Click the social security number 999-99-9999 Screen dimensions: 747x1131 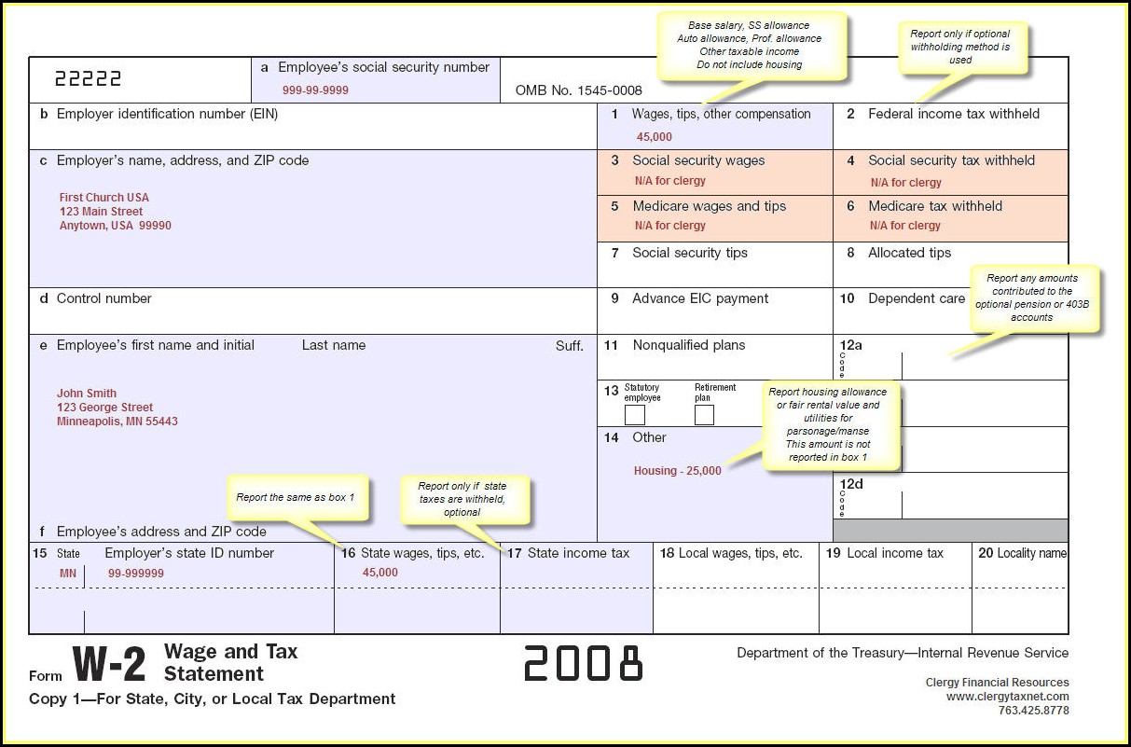315,90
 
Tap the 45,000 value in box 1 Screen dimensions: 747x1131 654,137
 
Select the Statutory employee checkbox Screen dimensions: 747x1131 635,415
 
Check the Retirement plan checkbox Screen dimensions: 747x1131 704,415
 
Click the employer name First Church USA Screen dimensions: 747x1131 103,198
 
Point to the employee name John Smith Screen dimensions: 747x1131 87,394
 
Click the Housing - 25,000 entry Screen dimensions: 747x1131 677,471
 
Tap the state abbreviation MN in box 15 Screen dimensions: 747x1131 68,574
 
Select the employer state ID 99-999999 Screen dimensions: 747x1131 135,574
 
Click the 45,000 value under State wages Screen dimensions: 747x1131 379,573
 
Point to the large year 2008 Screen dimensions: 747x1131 584,663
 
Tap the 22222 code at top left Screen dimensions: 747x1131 88,79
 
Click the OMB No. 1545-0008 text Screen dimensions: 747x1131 578,90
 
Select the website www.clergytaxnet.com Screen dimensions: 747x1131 1007,697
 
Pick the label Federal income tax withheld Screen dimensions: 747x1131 953,114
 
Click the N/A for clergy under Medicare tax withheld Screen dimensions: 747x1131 904,226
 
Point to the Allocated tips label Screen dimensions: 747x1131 909,253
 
